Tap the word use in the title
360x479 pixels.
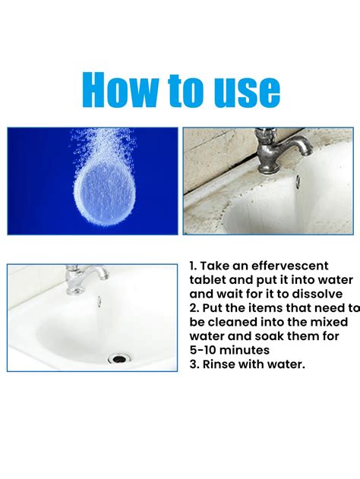coord(243,91)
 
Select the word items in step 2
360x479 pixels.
coord(263,307)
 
